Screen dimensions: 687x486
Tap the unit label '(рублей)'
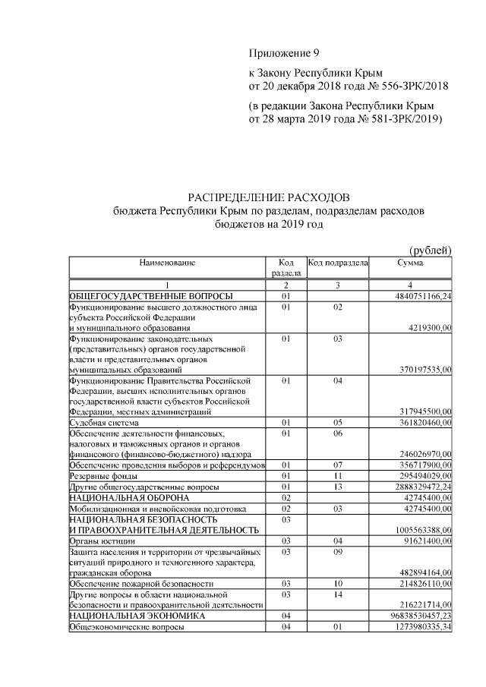(x=431, y=251)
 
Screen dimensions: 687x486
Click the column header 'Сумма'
(x=410, y=262)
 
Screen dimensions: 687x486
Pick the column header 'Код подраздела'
(x=338, y=262)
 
